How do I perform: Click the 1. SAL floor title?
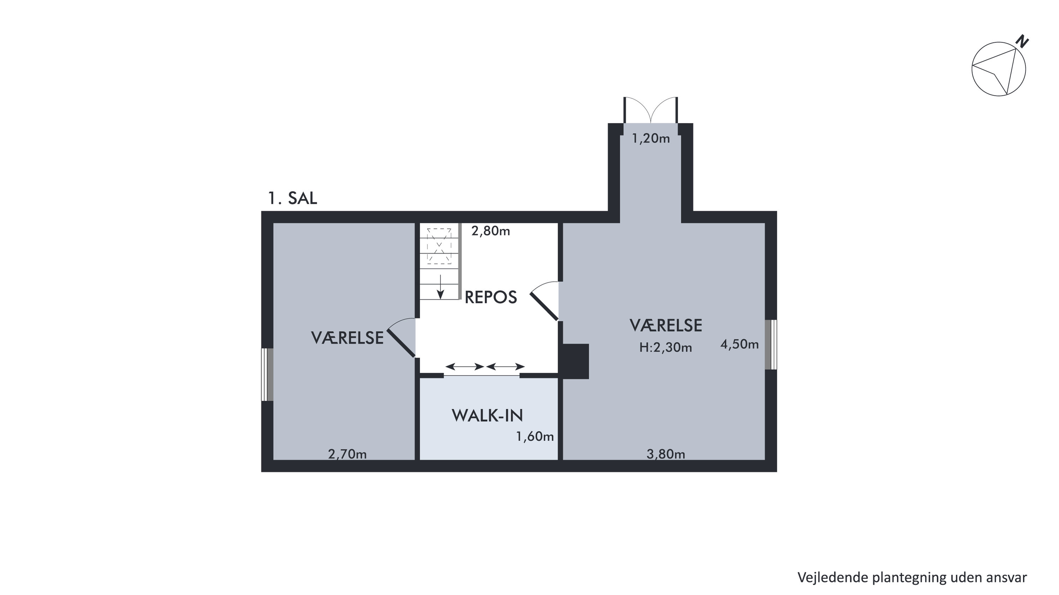coord(292,198)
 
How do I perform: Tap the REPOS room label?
coord(490,297)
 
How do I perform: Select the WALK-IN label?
coord(487,416)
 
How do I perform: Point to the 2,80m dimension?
coord(490,231)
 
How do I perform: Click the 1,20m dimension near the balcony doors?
coord(651,138)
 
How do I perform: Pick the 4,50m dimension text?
coord(739,344)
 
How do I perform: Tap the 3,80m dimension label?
coord(666,454)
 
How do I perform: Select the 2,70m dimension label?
coord(347,454)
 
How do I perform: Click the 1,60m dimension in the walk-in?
coord(535,436)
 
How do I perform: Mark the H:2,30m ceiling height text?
coord(666,348)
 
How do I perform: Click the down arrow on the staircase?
coord(440,287)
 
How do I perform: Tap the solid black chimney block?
coord(576,361)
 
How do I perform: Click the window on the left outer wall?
coord(267,375)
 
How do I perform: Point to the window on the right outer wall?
coord(771,345)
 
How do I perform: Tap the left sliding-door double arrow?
coord(465,367)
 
